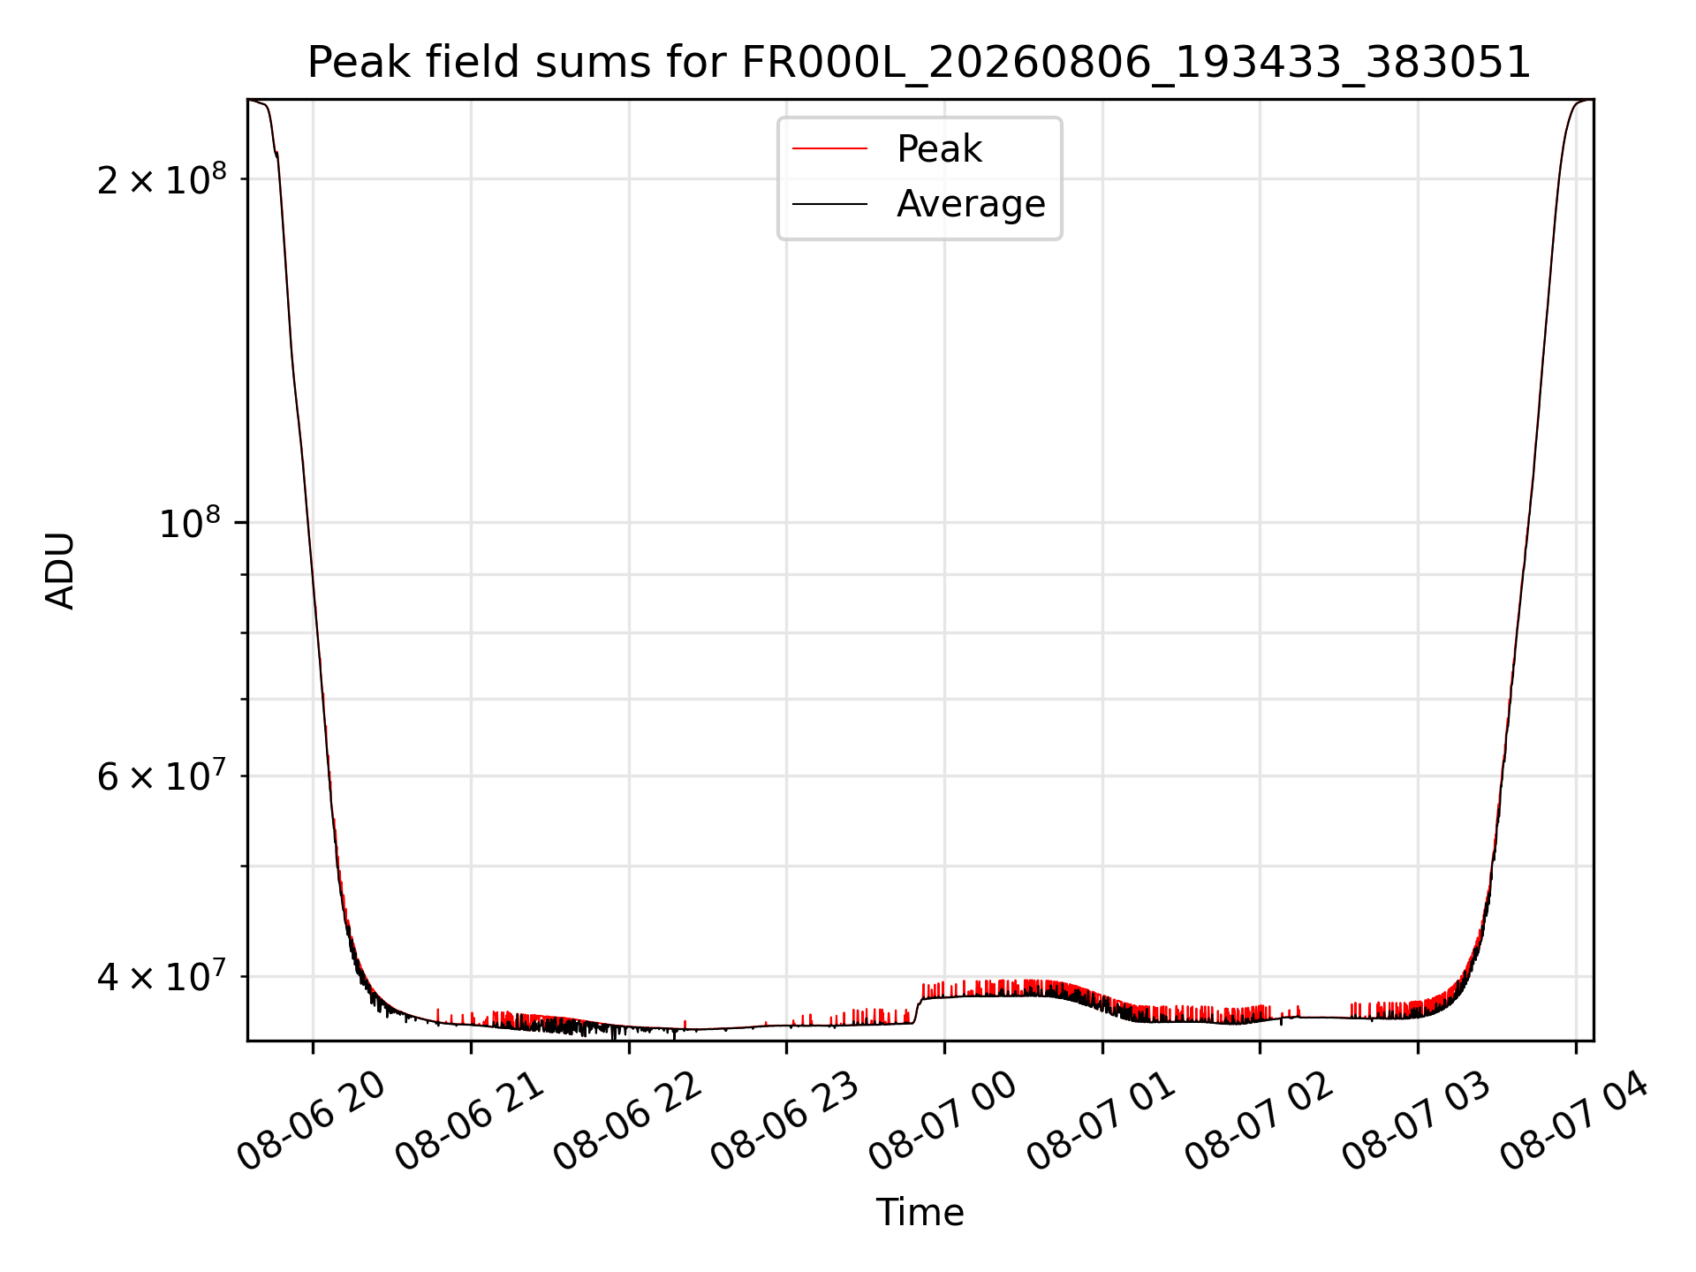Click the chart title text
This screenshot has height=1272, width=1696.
(x=919, y=63)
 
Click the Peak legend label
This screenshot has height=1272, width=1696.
(x=939, y=148)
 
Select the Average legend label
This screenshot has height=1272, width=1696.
(x=971, y=204)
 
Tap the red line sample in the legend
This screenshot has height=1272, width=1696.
(x=830, y=148)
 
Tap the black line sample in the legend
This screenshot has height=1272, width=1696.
(x=830, y=204)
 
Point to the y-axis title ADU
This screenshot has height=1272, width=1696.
(x=60, y=571)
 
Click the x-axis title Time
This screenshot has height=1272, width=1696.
(x=920, y=1212)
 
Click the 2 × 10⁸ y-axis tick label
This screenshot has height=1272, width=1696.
(x=162, y=179)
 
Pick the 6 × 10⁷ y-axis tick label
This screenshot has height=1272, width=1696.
(x=162, y=776)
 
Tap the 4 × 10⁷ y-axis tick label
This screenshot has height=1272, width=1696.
(x=162, y=976)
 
